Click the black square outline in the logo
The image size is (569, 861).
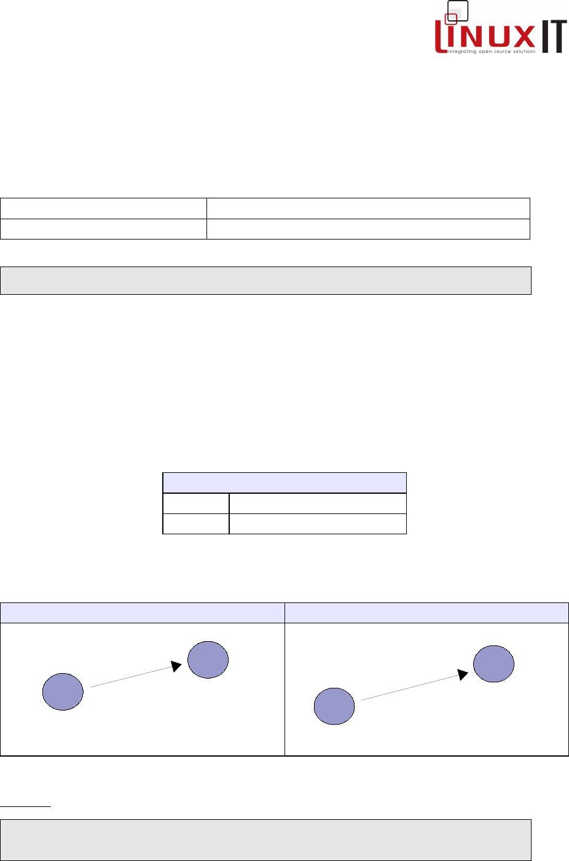tap(458, 10)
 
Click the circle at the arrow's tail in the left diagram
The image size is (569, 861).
tap(63, 692)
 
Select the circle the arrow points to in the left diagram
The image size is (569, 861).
tap(208, 660)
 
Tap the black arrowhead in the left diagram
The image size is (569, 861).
tap(176, 666)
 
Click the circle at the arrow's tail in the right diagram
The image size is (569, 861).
tap(334, 706)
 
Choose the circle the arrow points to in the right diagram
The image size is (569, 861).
tap(494, 664)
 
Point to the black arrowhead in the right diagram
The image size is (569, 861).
tap(463, 674)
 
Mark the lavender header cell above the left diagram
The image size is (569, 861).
tap(142, 613)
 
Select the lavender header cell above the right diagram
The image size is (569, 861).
tap(426, 613)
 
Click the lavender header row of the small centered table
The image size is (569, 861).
tap(284, 483)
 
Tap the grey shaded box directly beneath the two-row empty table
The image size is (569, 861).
tap(265, 281)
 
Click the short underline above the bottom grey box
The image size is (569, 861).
tap(25, 806)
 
